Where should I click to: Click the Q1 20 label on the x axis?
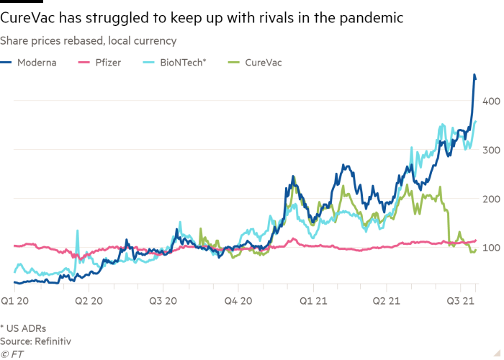15,300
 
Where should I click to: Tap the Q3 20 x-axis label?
163,300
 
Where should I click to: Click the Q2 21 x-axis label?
387,300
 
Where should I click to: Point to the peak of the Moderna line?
474,75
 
